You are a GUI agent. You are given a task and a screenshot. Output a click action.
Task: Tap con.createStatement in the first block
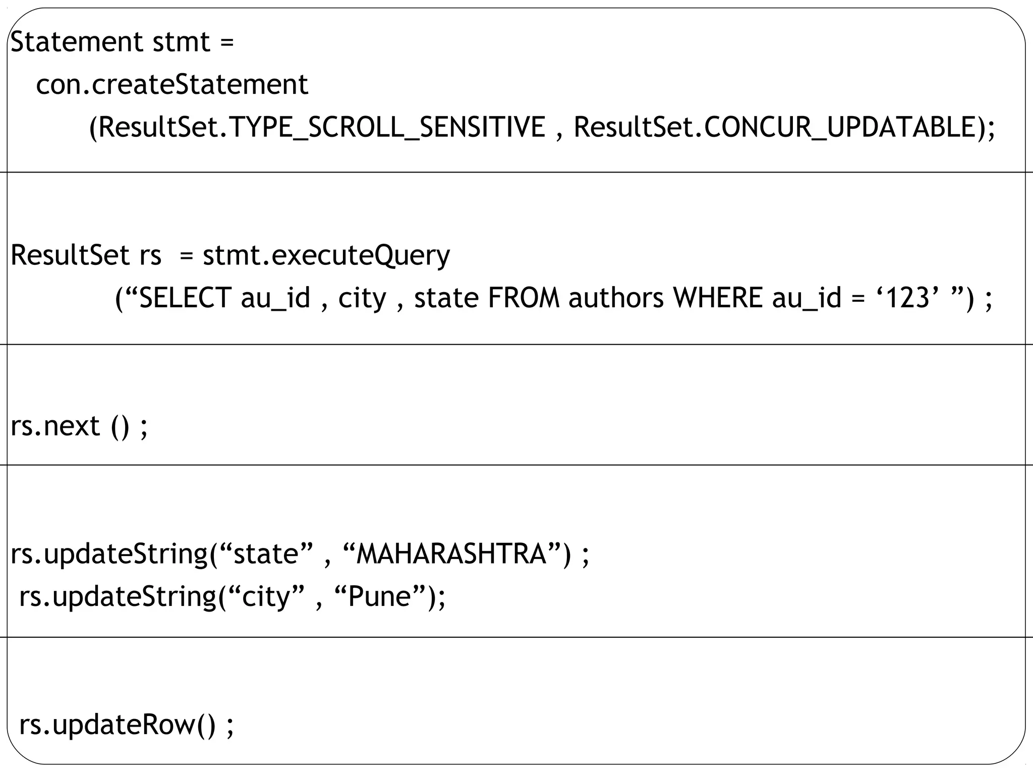(172, 84)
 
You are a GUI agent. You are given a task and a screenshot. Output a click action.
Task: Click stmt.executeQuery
(326, 255)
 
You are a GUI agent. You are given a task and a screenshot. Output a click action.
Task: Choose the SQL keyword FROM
(524, 298)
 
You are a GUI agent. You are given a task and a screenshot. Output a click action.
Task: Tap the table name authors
(616, 298)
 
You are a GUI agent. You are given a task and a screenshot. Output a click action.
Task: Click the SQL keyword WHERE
(718, 298)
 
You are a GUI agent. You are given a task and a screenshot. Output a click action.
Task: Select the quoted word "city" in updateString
(267, 597)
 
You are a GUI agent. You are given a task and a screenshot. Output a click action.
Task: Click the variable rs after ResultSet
(150, 255)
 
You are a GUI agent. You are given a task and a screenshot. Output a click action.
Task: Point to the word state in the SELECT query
(446, 298)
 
